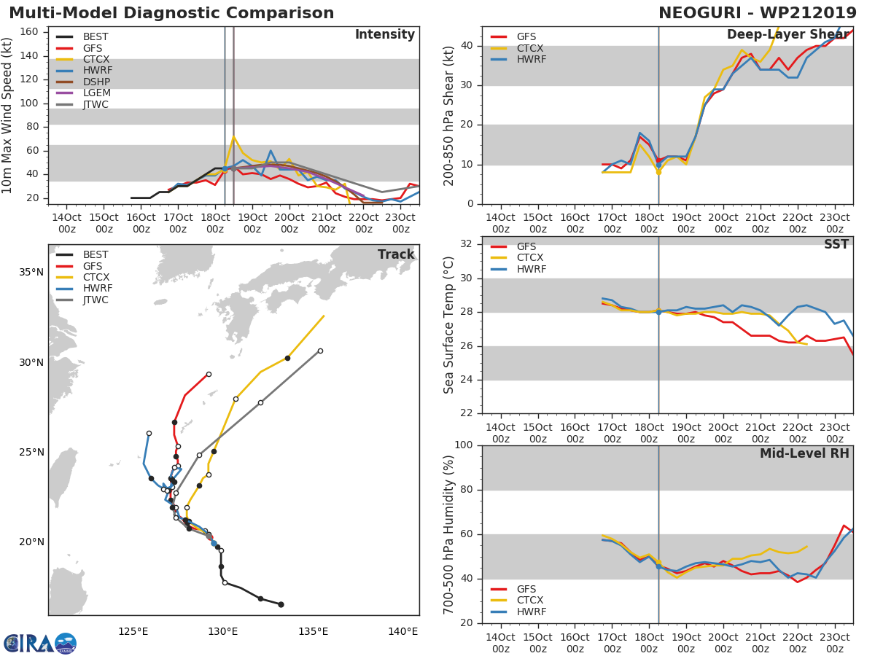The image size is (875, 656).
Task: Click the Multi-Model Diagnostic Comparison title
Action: [x=171, y=13]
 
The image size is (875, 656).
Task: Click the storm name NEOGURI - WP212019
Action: [x=758, y=13]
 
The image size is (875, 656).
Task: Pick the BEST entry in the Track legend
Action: [x=96, y=254]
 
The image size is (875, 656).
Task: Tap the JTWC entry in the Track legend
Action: [x=96, y=300]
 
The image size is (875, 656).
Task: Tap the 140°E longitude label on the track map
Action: [x=402, y=631]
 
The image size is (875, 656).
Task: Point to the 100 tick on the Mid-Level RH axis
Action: [x=465, y=445]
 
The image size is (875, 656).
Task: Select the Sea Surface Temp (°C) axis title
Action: [x=449, y=325]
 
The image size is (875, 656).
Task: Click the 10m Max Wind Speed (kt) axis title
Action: [x=9, y=115]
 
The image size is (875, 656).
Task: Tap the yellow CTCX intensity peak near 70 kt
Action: [x=233, y=136]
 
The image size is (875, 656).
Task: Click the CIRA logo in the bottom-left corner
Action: [x=40, y=644]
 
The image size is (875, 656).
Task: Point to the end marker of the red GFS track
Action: [x=209, y=374]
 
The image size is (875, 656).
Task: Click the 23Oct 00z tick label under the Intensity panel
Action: [x=400, y=223]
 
